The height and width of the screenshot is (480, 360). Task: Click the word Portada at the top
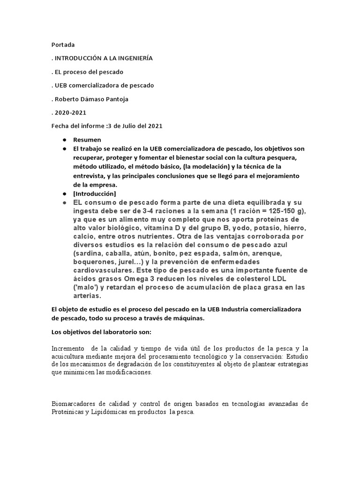[63, 45]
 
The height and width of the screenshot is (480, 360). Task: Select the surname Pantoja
[118, 99]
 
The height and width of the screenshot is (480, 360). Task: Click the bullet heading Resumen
[87, 140]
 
